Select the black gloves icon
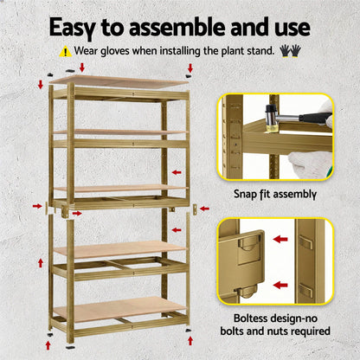[290, 51]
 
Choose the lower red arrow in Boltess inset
[280, 284]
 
